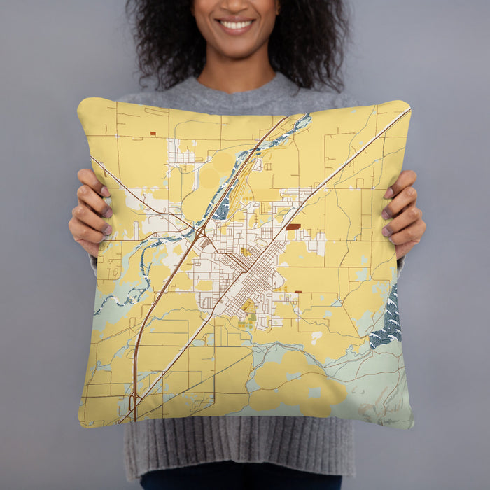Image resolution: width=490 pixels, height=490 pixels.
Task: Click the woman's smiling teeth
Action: pos(236,24)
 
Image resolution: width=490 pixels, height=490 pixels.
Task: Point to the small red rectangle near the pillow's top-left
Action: pos(153,133)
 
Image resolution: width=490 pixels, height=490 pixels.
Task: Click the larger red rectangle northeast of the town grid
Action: pos(293,227)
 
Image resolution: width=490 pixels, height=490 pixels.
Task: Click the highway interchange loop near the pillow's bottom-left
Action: pos(133,402)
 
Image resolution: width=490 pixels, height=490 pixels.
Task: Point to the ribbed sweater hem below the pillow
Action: pos(238,448)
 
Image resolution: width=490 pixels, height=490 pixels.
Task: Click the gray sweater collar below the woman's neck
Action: pos(238,87)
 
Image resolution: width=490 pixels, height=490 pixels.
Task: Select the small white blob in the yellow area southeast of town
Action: pos(316,337)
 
